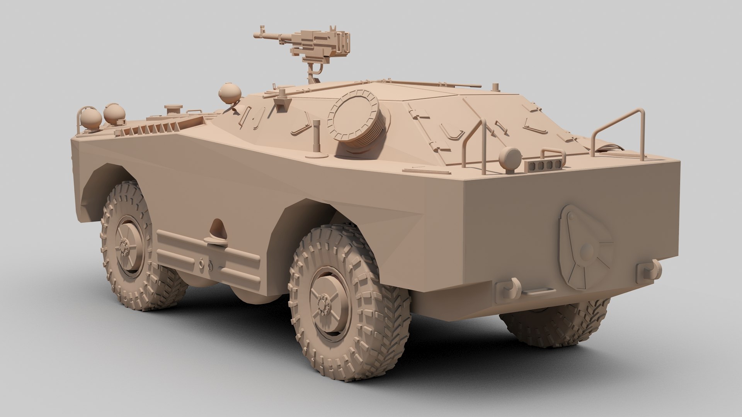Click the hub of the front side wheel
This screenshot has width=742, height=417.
(x=124, y=245)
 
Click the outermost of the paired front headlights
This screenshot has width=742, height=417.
(x=90, y=117)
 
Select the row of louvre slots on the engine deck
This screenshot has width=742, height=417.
(x=151, y=129)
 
